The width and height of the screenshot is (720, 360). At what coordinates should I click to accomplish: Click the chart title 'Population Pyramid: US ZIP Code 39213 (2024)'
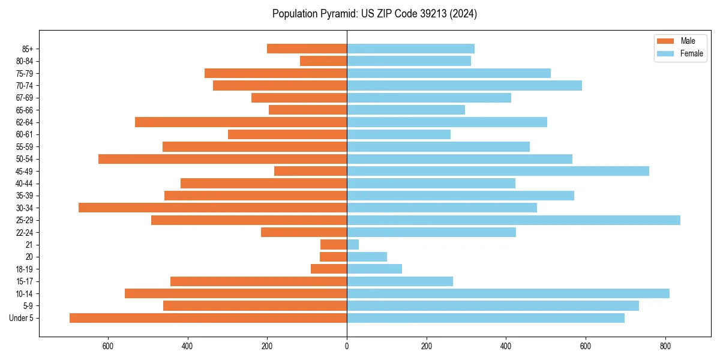point(374,14)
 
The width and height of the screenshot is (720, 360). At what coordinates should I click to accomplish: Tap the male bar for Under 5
point(208,318)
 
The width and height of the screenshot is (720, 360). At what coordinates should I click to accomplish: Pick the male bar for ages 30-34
point(212,208)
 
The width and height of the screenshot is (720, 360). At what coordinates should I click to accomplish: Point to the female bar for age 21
point(353,245)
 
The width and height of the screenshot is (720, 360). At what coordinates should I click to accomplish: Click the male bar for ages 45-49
point(310,171)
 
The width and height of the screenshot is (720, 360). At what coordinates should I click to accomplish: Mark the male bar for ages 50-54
point(223,159)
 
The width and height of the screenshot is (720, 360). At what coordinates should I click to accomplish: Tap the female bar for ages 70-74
point(464,85)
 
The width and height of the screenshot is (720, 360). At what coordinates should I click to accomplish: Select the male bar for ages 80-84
point(323,61)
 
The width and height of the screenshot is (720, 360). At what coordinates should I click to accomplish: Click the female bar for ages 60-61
point(398,134)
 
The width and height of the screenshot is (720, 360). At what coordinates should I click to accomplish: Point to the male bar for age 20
point(333,257)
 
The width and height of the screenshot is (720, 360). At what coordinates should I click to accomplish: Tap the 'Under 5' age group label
point(22,318)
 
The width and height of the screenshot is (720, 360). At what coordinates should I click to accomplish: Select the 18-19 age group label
point(25,269)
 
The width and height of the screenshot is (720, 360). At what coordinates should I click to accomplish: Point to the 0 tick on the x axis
point(347,346)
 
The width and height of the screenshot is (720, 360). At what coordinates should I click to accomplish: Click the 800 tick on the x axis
point(665,346)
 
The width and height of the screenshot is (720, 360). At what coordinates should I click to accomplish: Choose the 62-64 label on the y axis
point(25,122)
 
